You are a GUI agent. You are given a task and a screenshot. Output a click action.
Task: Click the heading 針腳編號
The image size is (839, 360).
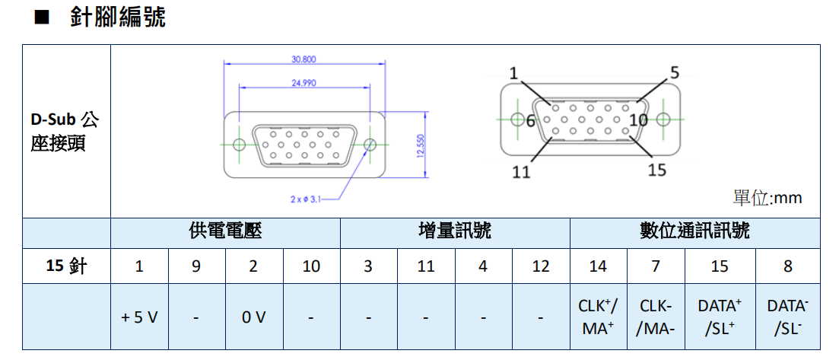tap(117, 18)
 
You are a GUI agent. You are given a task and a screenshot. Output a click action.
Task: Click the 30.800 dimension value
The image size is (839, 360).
tap(304, 59)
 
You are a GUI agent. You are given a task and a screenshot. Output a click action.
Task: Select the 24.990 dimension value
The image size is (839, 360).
tap(304, 83)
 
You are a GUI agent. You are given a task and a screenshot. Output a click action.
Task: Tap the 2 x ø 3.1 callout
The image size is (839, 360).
tap(306, 199)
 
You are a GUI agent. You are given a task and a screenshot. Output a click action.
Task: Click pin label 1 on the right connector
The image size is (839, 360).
tap(514, 74)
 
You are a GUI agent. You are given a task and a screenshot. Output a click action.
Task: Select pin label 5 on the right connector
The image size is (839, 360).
tap(674, 72)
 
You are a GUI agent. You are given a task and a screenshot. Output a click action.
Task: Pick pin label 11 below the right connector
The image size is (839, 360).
tap(521, 172)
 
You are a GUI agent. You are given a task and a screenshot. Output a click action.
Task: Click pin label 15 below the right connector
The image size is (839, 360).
tap(657, 170)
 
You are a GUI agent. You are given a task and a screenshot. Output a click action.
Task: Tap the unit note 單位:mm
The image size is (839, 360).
tap(767, 198)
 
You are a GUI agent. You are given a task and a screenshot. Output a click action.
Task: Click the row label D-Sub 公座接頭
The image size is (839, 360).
tap(65, 131)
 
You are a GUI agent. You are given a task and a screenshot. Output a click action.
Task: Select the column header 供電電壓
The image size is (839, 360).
tap(225, 231)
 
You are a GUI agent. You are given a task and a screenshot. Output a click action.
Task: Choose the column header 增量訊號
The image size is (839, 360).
tap(455, 231)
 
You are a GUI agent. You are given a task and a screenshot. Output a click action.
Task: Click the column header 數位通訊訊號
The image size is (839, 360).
tap(694, 231)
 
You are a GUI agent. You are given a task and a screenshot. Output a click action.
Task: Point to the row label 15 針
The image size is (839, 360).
tap(66, 266)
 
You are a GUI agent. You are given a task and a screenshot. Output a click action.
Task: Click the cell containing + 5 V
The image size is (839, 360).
tap(139, 317)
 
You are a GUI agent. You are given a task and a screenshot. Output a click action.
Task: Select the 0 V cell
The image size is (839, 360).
tap(253, 317)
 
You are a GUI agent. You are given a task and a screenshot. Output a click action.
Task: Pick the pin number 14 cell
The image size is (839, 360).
tap(598, 266)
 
